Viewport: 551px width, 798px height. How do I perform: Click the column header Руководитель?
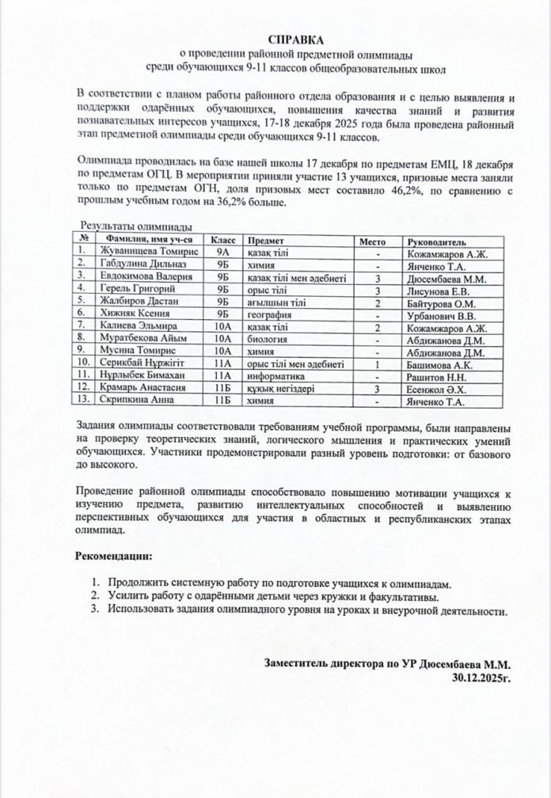coord(436,240)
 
